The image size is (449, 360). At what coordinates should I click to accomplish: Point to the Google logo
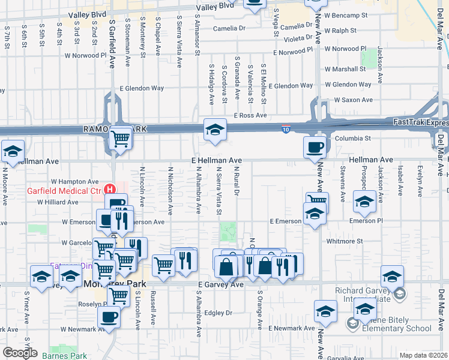click(x=20, y=353)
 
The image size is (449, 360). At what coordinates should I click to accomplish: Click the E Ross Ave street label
click(x=250, y=115)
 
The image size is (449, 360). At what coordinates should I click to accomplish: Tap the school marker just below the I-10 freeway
click(x=215, y=130)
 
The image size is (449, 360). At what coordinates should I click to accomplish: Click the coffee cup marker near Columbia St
click(x=315, y=147)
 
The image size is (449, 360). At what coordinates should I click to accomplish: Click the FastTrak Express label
click(x=420, y=122)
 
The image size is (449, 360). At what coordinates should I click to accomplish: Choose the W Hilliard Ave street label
click(x=58, y=202)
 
